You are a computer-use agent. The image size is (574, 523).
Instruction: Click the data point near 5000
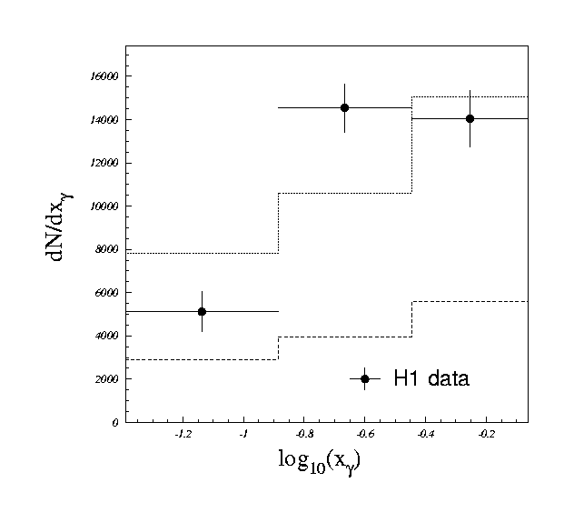tap(202, 311)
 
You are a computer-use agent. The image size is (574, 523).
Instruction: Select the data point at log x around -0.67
tap(344, 107)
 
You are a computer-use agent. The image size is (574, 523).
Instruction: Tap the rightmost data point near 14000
tap(470, 118)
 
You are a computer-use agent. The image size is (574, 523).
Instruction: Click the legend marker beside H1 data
tap(364, 378)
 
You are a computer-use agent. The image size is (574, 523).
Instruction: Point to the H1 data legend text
tap(430, 378)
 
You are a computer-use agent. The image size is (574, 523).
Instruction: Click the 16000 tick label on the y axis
tap(104, 76)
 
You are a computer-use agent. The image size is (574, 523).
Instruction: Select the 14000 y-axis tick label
tap(104, 119)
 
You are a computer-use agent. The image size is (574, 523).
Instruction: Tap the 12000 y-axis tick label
tap(104, 163)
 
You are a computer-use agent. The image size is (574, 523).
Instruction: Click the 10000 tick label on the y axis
tap(104, 206)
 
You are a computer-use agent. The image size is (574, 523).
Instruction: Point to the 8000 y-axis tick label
tap(107, 249)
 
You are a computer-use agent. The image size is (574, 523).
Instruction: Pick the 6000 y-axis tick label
tap(107, 293)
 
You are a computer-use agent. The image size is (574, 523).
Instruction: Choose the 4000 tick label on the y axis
tap(107, 336)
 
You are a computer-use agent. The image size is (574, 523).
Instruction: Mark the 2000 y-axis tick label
tap(107, 379)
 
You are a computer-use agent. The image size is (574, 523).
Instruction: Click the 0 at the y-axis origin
tap(115, 423)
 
